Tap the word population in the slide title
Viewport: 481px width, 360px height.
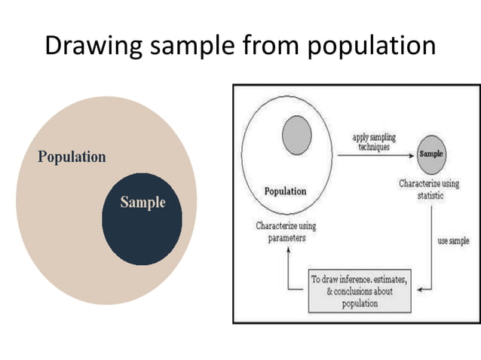372,47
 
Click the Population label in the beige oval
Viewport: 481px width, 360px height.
72,157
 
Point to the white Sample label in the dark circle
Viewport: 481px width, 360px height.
142,202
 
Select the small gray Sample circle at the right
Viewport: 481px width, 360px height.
431,154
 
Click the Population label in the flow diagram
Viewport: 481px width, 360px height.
285,191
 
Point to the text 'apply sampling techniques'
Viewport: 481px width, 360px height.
373,142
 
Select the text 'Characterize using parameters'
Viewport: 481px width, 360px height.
286,231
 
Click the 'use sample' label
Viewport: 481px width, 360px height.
453,241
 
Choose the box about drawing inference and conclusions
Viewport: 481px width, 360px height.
360,291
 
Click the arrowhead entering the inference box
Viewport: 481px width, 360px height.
417,288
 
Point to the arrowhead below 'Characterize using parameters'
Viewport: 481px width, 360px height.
286,251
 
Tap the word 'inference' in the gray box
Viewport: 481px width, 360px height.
366,279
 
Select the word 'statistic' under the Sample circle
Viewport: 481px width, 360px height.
430,195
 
